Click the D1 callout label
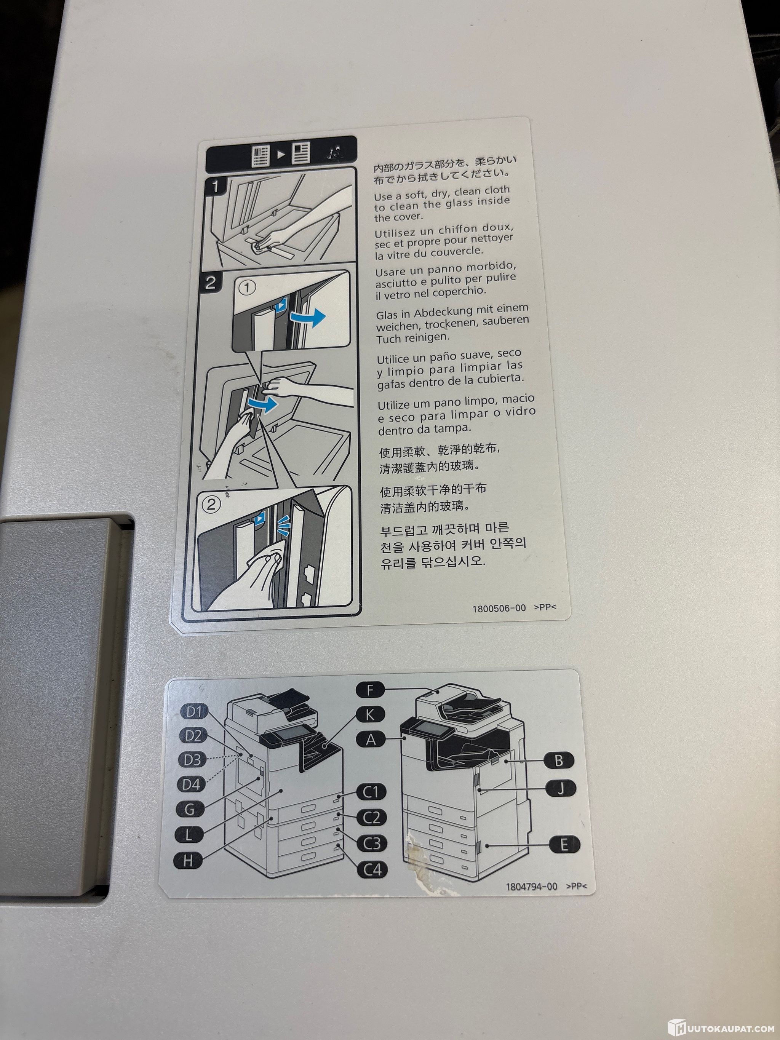pos(194,712)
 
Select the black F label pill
pos(370,690)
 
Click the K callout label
pos(370,715)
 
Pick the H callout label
pos(188,861)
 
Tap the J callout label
pos(560,788)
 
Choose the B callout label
pos(559,760)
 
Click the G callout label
pos(190,809)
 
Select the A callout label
pos(371,740)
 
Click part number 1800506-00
pos(499,608)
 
